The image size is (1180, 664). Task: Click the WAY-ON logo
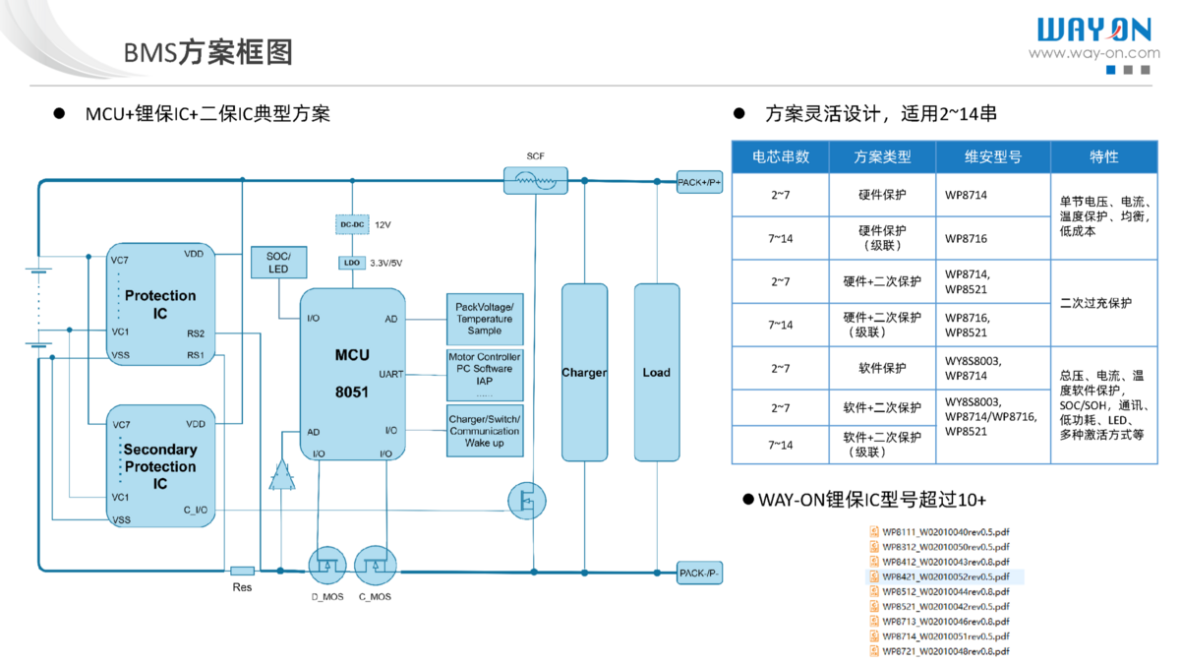pos(1093,30)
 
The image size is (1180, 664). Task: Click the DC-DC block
pos(351,224)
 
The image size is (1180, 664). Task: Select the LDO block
pos(351,263)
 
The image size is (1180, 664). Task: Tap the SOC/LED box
pos(279,263)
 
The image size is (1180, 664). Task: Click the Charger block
pos(584,373)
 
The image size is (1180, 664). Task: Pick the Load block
pos(656,373)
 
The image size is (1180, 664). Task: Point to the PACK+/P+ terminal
pos(699,182)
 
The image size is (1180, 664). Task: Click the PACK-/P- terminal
pos(699,573)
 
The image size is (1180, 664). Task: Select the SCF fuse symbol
pos(535,181)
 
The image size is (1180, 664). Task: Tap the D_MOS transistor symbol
pos(326,565)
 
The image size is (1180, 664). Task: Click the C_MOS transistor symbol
pos(375,565)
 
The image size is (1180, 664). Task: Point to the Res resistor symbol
pos(242,571)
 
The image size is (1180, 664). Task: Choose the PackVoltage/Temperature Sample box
pos(485,318)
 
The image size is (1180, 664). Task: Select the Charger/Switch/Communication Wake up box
pos(485,431)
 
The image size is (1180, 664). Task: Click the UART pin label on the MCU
pos(390,375)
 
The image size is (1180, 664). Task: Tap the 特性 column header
pos(1103,157)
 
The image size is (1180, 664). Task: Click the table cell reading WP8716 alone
pos(967,239)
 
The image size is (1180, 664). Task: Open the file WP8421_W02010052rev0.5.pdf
pos(945,576)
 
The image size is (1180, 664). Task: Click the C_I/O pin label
pos(195,510)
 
